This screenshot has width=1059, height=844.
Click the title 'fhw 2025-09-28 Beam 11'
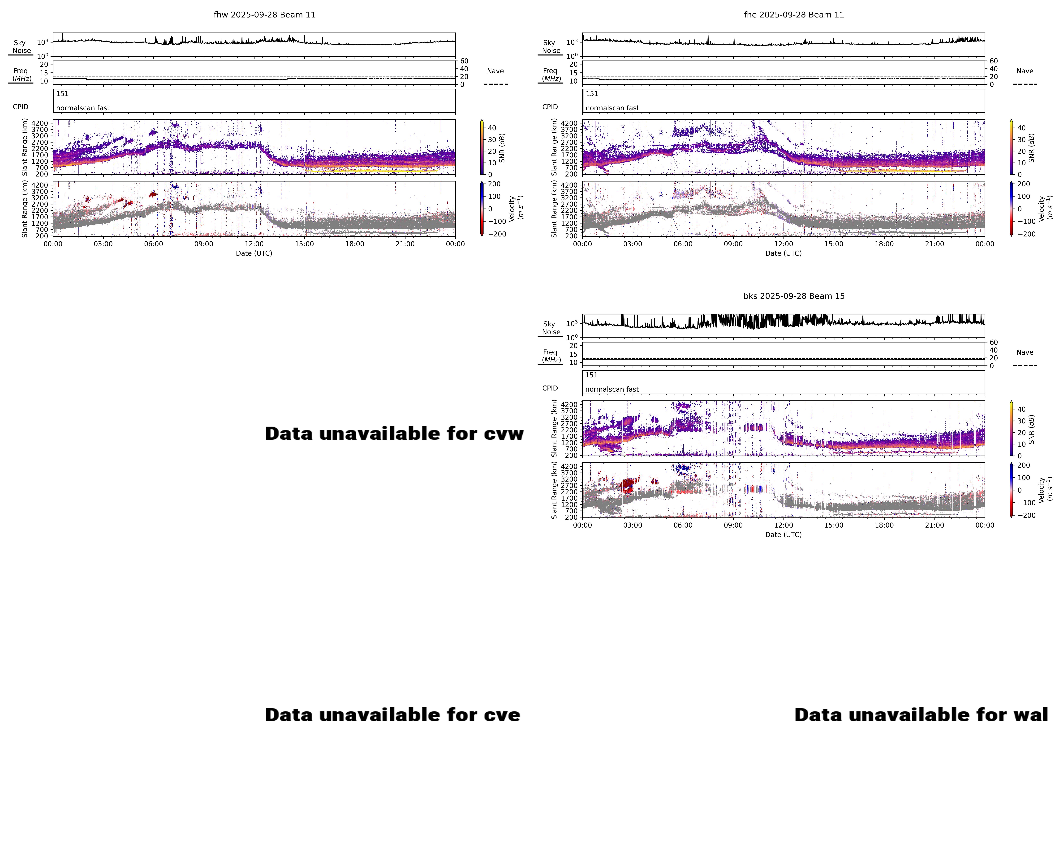click(264, 15)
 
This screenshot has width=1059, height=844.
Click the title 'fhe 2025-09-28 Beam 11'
click(794, 15)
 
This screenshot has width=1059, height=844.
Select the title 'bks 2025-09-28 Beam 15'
click(794, 296)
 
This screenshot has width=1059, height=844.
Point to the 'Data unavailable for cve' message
click(392, 715)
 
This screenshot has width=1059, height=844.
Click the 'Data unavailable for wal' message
click(921, 715)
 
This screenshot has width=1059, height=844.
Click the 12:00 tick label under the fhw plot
click(254, 244)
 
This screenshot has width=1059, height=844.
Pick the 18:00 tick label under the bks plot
click(884, 525)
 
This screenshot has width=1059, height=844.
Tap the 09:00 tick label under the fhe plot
click(733, 244)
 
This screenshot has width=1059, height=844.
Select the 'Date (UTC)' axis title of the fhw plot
click(254, 253)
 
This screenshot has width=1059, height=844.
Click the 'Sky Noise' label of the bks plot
click(551, 328)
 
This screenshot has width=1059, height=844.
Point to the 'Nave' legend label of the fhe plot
click(1025, 71)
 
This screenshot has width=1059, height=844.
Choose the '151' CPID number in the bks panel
click(591, 375)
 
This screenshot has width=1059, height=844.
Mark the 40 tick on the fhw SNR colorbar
click(492, 128)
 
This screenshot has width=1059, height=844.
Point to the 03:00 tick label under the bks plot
click(633, 525)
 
